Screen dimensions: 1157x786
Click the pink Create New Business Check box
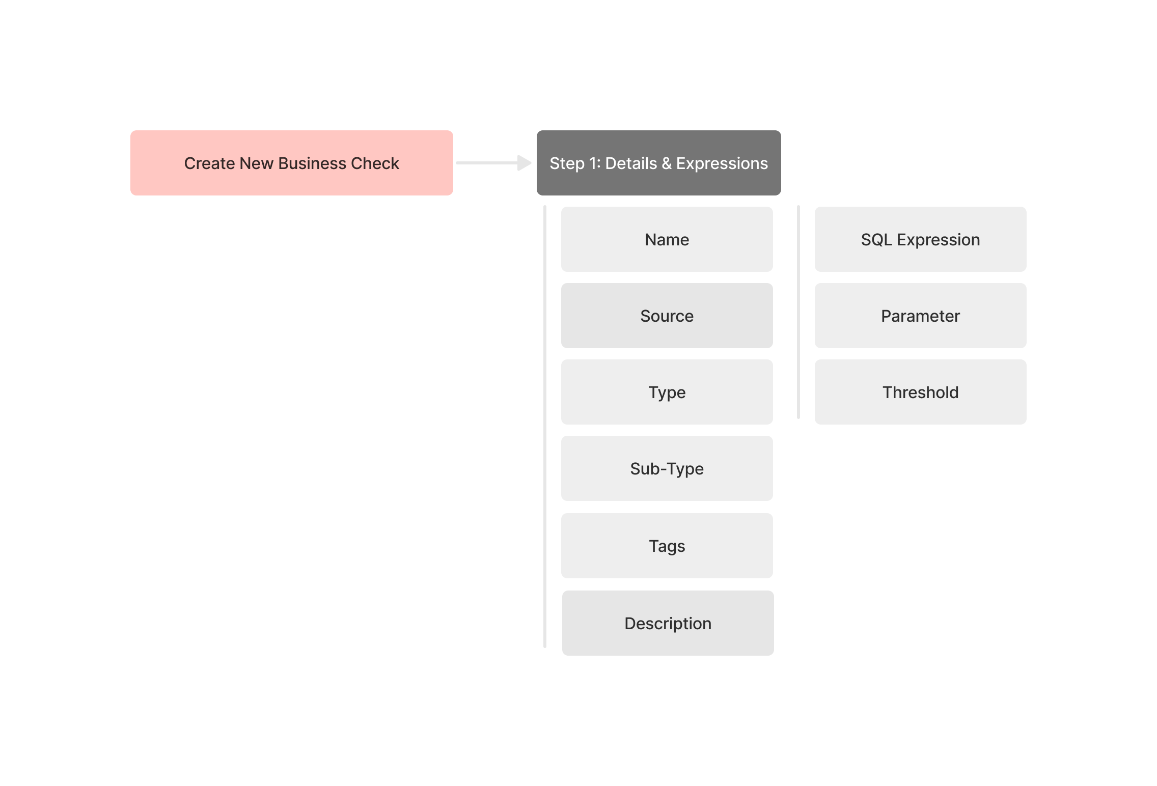pyautogui.click(x=291, y=163)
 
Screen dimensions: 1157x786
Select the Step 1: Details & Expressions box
pyautogui.click(x=658, y=163)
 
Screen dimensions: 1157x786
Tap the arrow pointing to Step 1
pyautogui.click(x=493, y=163)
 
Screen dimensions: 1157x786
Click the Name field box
pyautogui.click(x=667, y=239)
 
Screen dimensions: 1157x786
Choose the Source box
pyautogui.click(x=667, y=316)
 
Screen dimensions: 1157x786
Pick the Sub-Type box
pyautogui.click(x=667, y=468)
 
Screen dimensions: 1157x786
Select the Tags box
pyautogui.click(x=667, y=546)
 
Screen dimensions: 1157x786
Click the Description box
pyautogui.click(x=668, y=623)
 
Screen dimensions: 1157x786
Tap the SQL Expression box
pyautogui.click(x=920, y=239)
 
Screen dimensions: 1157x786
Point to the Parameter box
pyautogui.click(x=920, y=316)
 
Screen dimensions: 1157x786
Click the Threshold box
pyautogui.click(x=920, y=392)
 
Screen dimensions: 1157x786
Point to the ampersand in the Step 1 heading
pyautogui.click(x=667, y=163)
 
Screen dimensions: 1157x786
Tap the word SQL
pyautogui.click(x=876, y=240)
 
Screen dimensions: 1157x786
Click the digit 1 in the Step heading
pyautogui.click(x=594, y=163)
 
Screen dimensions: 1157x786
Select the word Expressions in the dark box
pyautogui.click(x=722, y=164)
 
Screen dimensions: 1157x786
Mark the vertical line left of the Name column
pyautogui.click(x=545, y=427)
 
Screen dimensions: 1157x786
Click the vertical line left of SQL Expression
pyautogui.click(x=798, y=312)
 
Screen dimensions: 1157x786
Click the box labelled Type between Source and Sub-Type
pyautogui.click(x=667, y=392)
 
